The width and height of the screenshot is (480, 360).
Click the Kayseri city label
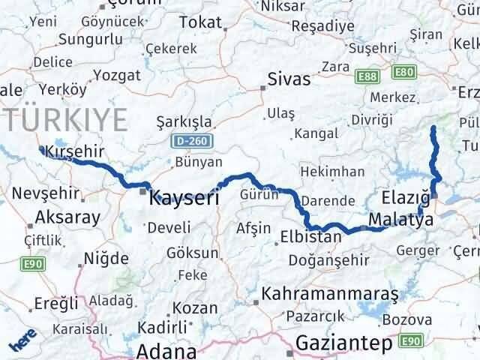click(184, 199)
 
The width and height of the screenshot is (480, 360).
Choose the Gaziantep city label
click(344, 343)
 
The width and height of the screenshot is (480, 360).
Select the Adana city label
click(166, 349)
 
